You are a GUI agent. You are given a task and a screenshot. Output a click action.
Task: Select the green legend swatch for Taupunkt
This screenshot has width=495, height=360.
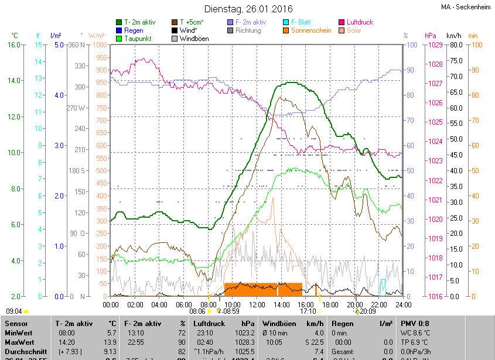point(120,39)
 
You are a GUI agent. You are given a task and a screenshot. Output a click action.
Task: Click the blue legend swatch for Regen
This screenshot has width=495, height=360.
point(120,30)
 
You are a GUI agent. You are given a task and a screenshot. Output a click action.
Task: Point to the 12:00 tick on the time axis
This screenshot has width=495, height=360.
point(257,304)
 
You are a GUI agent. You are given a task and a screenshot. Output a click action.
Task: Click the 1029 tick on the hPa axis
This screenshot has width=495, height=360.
point(434,45)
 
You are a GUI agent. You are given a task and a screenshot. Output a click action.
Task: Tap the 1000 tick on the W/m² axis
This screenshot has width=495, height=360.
point(100,45)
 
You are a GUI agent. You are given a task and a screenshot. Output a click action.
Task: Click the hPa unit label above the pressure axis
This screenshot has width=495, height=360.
point(431,36)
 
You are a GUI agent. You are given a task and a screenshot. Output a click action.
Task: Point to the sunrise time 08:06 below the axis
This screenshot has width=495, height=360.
point(197,311)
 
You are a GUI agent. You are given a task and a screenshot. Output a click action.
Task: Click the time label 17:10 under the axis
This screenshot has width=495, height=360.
point(308,311)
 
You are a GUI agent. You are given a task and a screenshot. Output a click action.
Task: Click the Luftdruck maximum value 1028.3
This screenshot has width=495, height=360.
point(244,341)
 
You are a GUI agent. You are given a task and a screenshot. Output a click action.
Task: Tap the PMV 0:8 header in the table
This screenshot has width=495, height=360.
point(415,323)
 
